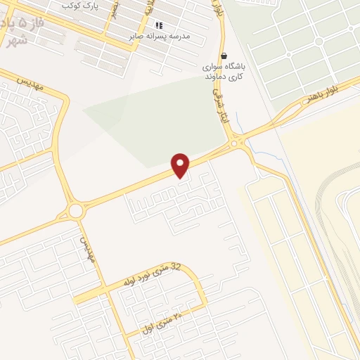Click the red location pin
pos(181,165)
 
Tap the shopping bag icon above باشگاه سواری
pos(224,56)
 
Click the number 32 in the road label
pos(176,267)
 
